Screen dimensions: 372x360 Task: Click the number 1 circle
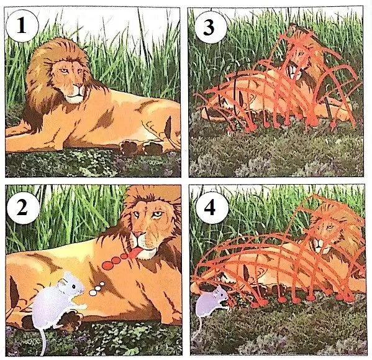pos(22,26)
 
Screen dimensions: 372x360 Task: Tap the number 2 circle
pos(23,208)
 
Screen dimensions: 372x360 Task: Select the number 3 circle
pos(209,27)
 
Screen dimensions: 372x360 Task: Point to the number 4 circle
pos(210,208)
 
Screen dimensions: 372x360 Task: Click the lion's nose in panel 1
pos(79,85)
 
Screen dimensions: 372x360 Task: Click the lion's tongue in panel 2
pos(134,252)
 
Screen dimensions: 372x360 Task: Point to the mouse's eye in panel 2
pos(75,287)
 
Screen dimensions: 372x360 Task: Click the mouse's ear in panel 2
pos(63,282)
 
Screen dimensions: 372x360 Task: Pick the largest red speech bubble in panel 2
pos(107,265)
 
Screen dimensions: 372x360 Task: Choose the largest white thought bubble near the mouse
pos(93,293)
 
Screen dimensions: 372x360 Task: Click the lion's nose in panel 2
pos(138,234)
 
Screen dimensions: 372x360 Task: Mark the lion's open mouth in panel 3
pos(292,70)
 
